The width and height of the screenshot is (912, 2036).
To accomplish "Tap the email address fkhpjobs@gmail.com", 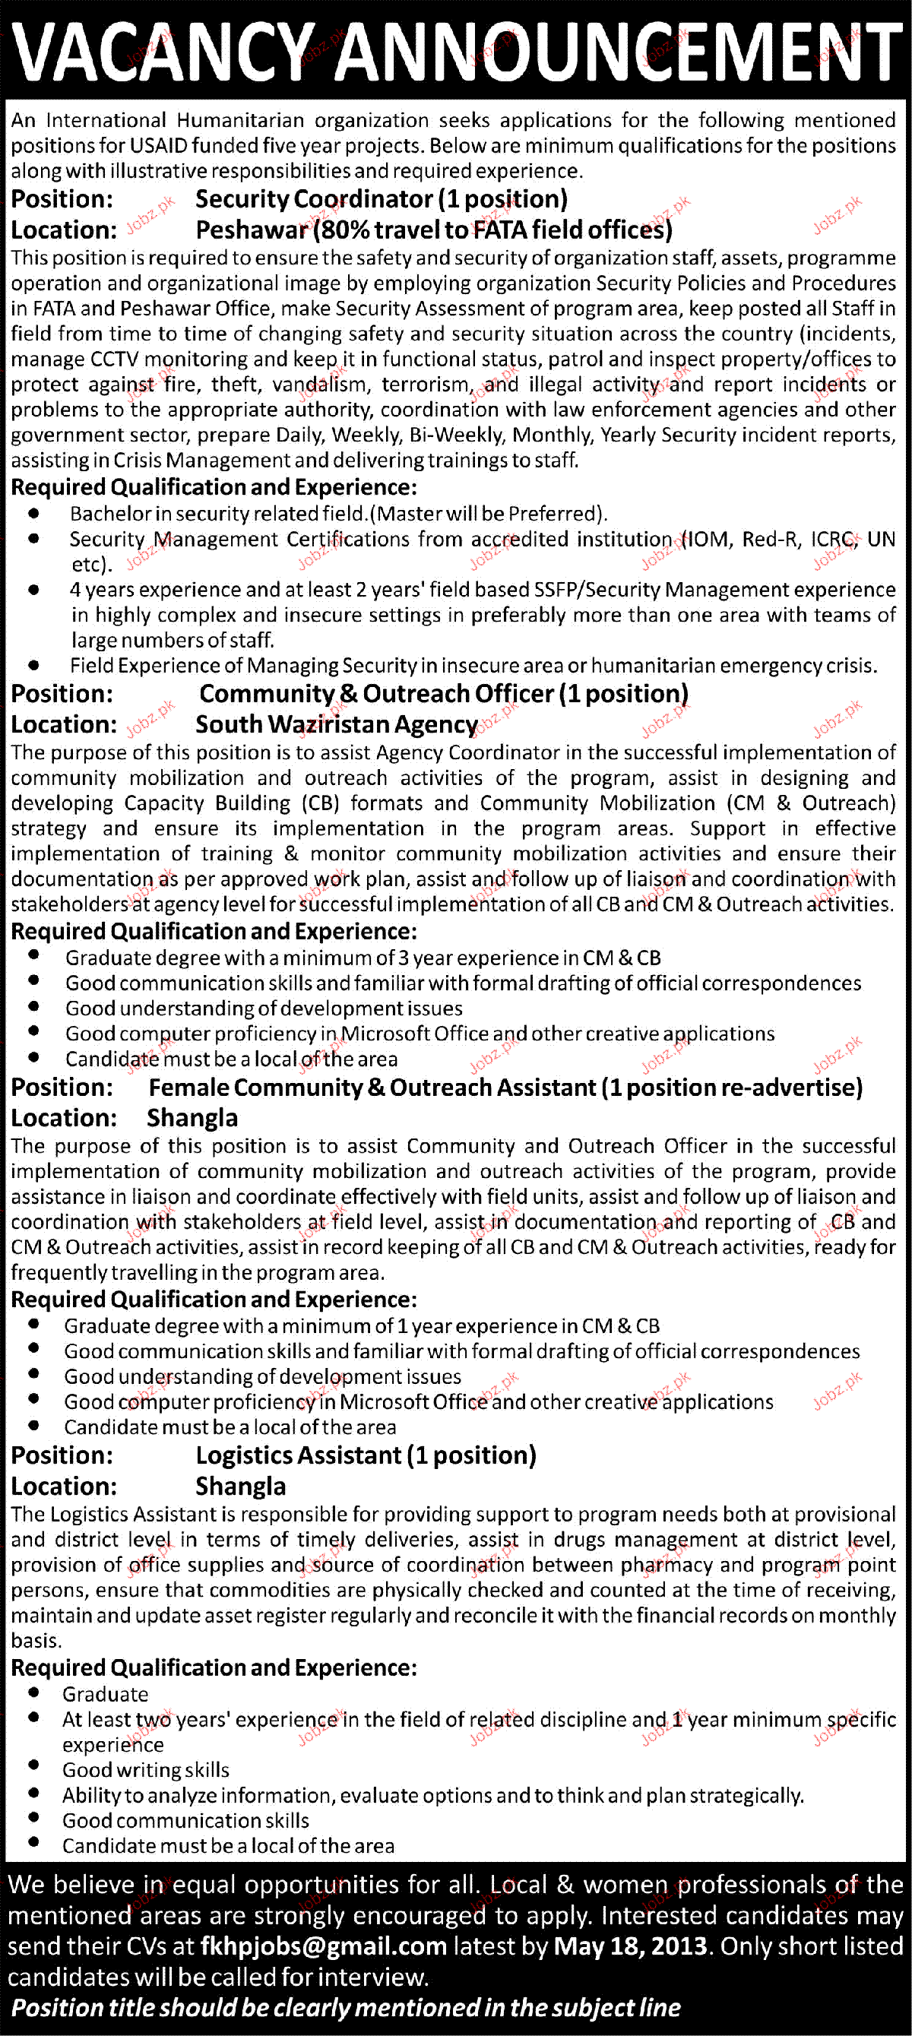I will pyautogui.click(x=323, y=1946).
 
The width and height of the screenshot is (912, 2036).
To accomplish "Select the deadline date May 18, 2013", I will pyautogui.click(x=630, y=1946).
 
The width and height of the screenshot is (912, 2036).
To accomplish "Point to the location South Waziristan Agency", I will pyautogui.click(x=336, y=724).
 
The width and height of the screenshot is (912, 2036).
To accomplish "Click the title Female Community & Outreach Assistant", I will pyautogui.click(x=372, y=1088).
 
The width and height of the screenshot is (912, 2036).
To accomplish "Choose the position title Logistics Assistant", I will pyautogui.click(x=298, y=1455).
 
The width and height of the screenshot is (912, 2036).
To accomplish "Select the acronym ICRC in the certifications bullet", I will pyautogui.click(x=833, y=539).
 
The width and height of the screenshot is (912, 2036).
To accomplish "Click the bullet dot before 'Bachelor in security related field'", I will pyautogui.click(x=34, y=514).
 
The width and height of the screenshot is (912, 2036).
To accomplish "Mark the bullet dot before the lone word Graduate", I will pyautogui.click(x=34, y=1693).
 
